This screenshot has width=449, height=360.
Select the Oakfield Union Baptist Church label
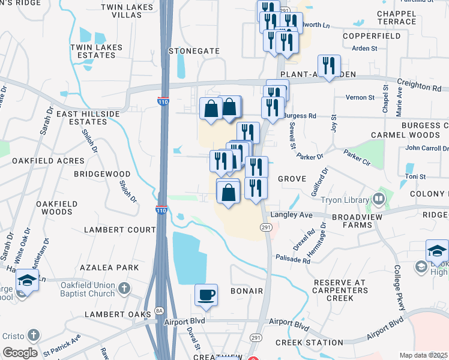click(87, 290)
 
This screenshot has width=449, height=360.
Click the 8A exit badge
click(159, 310)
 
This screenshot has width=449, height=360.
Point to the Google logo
click(20, 353)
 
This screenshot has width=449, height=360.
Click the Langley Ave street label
click(292, 214)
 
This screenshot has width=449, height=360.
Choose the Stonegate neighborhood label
click(194, 52)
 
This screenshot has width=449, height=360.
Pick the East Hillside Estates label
click(82, 118)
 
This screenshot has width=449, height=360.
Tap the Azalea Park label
click(111, 268)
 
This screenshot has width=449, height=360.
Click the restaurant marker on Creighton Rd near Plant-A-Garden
click(329, 65)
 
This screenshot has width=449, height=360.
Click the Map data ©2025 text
click(424, 355)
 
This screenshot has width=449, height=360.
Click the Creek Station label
click(309, 343)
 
